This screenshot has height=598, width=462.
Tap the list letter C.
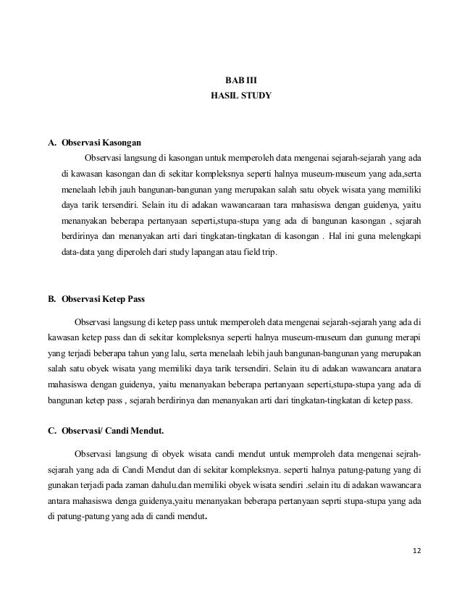pos(51,432)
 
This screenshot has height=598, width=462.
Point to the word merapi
pos(409,338)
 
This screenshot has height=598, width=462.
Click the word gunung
pos(374,338)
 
